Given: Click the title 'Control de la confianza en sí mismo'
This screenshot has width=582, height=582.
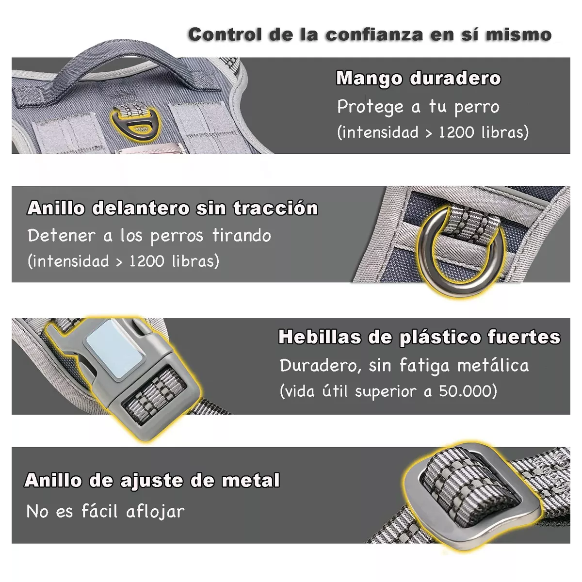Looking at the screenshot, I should click(x=370, y=35).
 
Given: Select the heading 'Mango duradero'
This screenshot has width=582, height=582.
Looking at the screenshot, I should click(x=418, y=78).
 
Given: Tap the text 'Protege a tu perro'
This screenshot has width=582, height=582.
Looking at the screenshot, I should click(x=418, y=107).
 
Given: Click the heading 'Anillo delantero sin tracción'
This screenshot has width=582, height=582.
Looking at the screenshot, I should click(x=173, y=208).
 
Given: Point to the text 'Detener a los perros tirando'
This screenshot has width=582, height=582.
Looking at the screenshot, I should click(x=149, y=236).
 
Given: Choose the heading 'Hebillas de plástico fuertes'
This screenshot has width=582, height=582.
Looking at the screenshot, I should click(x=419, y=337).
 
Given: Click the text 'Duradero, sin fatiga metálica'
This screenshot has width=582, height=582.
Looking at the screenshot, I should click(x=404, y=366).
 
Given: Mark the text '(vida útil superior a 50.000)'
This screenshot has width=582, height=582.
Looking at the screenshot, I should click(x=388, y=391).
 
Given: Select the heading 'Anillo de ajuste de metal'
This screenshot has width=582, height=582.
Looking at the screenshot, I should click(x=152, y=481).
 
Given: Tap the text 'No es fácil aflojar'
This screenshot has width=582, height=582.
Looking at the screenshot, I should click(x=105, y=511).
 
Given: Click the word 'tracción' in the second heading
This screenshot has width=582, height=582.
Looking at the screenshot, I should click(x=275, y=208).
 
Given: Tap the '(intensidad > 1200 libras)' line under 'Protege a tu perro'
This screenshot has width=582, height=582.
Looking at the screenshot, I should click(x=433, y=132).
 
